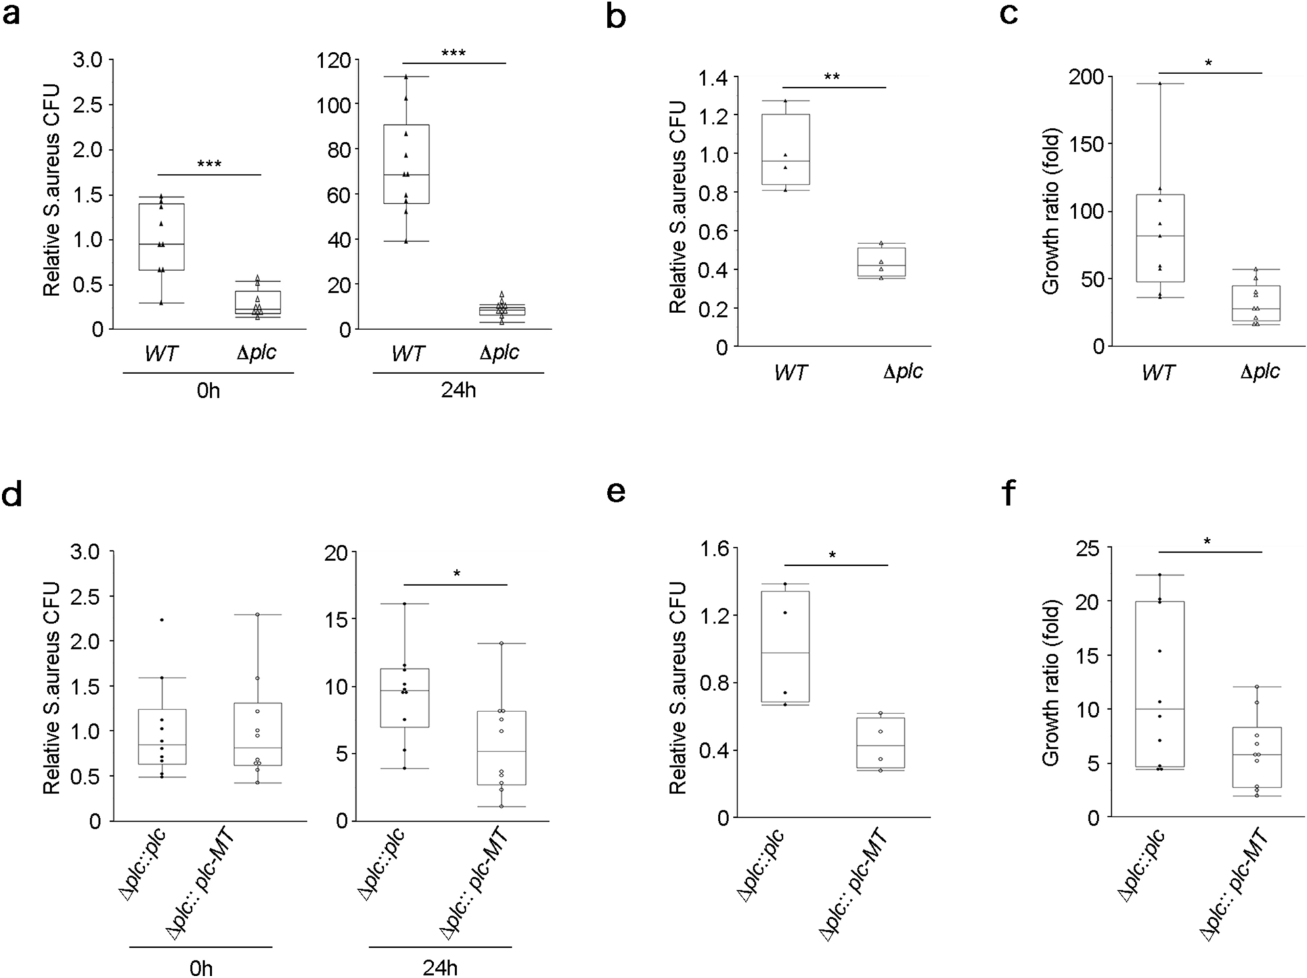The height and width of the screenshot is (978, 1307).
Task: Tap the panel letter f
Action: point(1008,492)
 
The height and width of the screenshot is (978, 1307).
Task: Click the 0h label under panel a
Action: point(208,391)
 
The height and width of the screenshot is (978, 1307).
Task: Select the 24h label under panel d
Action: point(440,968)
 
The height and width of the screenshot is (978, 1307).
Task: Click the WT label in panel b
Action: point(790,373)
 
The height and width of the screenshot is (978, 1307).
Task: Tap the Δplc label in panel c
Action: point(1260,372)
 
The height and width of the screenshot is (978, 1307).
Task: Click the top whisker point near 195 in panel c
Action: point(1160,83)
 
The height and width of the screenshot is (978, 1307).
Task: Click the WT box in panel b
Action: point(786,150)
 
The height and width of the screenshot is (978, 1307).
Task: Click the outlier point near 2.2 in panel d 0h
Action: point(162,620)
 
